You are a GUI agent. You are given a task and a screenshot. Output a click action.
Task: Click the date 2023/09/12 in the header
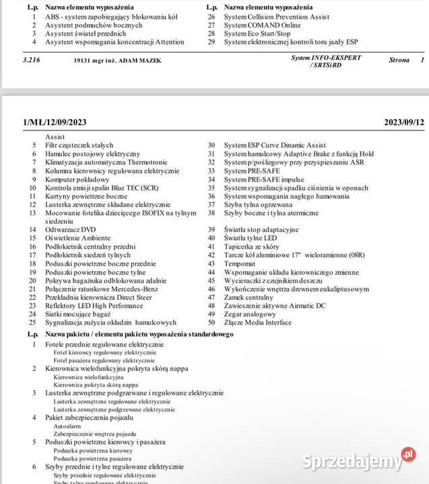(404, 122)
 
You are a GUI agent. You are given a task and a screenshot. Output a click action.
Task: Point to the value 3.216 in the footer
(32, 60)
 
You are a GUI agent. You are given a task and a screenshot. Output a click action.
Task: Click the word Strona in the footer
(399, 61)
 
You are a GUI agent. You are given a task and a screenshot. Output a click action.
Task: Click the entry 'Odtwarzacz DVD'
(70, 229)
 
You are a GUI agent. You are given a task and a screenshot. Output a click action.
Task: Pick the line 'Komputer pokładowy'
(77, 179)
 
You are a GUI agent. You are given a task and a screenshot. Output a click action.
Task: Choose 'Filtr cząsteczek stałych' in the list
(79, 145)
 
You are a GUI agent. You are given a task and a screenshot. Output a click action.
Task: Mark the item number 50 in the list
(211, 323)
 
